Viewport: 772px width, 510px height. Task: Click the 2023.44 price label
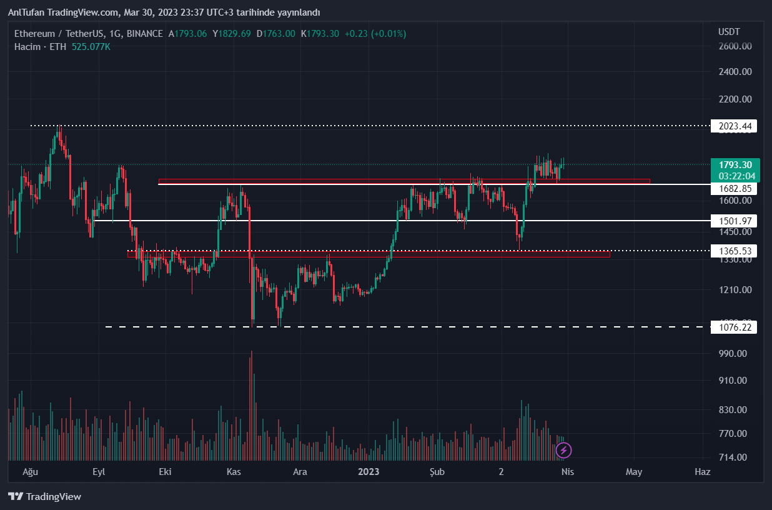[734, 126]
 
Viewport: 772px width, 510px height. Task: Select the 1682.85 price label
[734, 188]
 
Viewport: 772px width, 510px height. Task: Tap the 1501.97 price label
[734, 221]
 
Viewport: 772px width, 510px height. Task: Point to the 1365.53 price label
[734, 251]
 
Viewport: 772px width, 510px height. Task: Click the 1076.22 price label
[734, 326]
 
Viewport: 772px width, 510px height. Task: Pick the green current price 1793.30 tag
[735, 165]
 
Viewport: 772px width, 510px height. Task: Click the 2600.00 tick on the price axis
[735, 46]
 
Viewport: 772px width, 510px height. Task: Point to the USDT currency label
[729, 31]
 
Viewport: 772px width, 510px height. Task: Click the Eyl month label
[99, 472]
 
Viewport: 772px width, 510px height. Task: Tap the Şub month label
[437, 472]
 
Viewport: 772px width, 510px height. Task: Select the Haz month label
[703, 472]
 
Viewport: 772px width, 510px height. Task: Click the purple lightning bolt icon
[564, 450]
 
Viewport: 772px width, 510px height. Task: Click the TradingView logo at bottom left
[45, 497]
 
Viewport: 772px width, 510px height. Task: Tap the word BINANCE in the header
[144, 34]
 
